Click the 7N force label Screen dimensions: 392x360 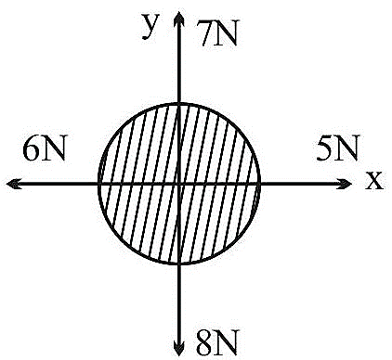(218, 33)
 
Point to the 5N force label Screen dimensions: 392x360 (337, 148)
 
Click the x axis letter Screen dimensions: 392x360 (374, 181)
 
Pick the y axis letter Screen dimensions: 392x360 (150, 26)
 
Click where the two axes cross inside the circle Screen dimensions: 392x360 (179, 185)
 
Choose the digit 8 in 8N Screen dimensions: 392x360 (205, 342)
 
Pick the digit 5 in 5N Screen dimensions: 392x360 (325, 148)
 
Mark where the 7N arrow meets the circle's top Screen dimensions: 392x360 (179, 104)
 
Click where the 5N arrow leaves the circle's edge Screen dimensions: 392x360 (259, 185)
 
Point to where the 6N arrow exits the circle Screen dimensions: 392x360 (98, 185)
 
